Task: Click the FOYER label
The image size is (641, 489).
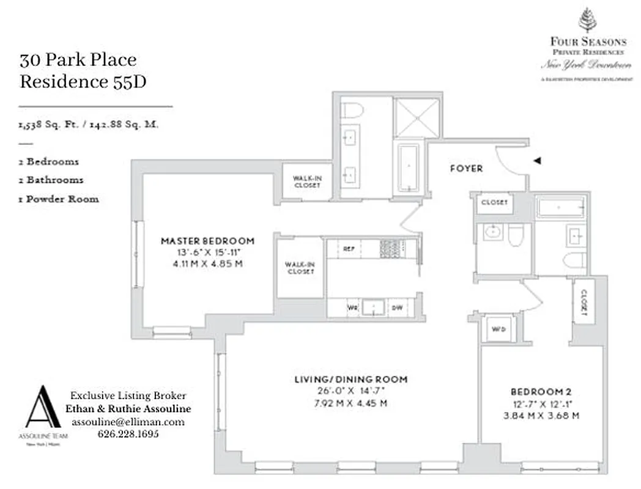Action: [x=466, y=169]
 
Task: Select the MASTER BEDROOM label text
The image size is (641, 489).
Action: [x=207, y=241]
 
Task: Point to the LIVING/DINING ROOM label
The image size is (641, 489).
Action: [x=350, y=380]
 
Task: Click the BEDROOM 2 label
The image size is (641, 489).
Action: [x=541, y=391]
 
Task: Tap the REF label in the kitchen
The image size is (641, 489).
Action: [x=349, y=249]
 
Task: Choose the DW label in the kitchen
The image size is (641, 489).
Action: [x=397, y=308]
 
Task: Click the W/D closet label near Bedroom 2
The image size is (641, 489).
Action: [x=499, y=329]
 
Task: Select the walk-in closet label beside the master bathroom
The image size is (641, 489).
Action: [x=306, y=182]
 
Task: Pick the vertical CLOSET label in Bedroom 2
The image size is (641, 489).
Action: [x=584, y=303]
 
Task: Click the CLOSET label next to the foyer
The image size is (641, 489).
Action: [x=495, y=203]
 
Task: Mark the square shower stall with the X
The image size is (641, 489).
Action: [x=417, y=117]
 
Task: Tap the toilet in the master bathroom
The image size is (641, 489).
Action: [x=352, y=111]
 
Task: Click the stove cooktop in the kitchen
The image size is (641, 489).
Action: [x=390, y=248]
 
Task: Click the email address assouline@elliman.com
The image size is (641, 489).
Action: [x=128, y=422]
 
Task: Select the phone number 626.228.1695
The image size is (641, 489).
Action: [x=128, y=434]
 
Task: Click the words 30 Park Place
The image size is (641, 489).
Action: [x=78, y=61]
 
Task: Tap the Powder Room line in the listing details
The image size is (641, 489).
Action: [x=59, y=199]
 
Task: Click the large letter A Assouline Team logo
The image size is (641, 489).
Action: [x=43, y=408]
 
